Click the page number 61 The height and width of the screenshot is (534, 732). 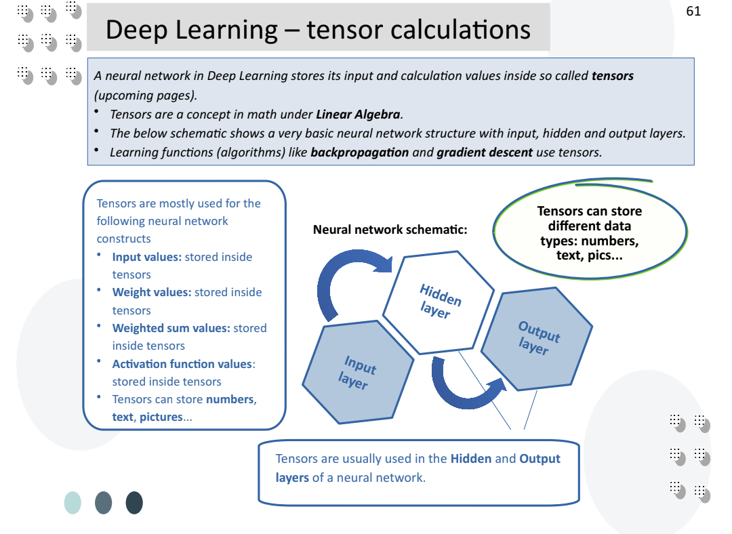693,12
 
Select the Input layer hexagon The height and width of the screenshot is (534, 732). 357,373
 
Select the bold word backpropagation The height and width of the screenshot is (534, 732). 359,152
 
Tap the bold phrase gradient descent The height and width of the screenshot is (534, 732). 484,152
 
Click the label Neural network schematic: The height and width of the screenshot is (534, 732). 390,230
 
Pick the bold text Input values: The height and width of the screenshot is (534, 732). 147,257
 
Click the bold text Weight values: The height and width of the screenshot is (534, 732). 152,292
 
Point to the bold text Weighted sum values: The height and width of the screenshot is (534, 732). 171,328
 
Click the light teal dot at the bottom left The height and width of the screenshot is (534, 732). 73,503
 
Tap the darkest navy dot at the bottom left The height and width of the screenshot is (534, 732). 134,503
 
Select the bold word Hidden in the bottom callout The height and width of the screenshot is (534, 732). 470,459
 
